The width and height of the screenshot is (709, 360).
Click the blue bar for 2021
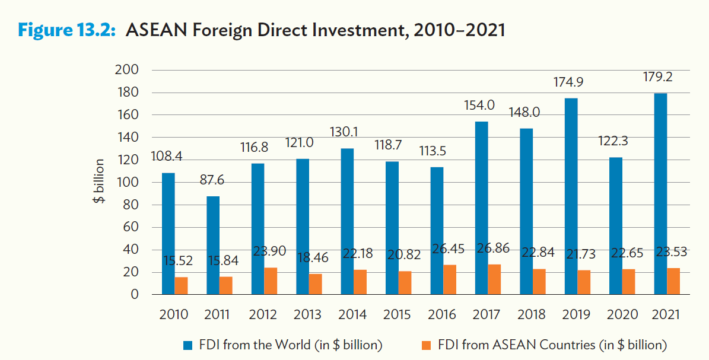[x=660, y=193]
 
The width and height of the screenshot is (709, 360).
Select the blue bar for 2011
[x=213, y=245]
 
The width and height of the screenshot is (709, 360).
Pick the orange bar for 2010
[x=180, y=285]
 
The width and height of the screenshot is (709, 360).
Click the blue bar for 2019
[x=571, y=196]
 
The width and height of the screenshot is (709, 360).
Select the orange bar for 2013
[x=315, y=284]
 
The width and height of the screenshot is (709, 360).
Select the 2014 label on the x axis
[x=352, y=314]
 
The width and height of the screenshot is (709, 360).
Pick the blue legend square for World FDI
[x=188, y=345]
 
